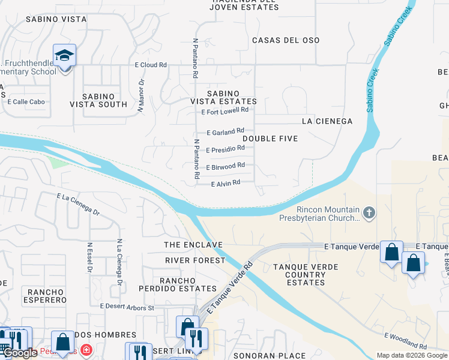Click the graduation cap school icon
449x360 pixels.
pyautogui.click(x=64, y=56)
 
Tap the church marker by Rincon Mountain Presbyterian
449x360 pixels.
pyautogui.click(x=369, y=212)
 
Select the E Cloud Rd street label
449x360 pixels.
pyautogui.click(x=146, y=65)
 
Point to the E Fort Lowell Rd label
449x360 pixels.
pyautogui.click(x=225, y=111)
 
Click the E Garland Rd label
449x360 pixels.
pyautogui.click(x=225, y=131)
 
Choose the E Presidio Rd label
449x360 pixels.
pyautogui.click(x=225, y=148)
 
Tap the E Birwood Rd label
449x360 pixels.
pyautogui.click(x=225, y=166)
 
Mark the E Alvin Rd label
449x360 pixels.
pyautogui.click(x=226, y=182)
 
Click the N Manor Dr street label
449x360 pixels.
pyautogui.click(x=141, y=96)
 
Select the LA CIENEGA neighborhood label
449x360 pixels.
pyautogui.click(x=327, y=121)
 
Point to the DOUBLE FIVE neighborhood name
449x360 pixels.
pyautogui.click(x=270, y=139)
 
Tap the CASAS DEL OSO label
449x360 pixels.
pyautogui.click(x=286, y=40)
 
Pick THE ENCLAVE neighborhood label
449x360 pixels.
pyautogui.click(x=194, y=245)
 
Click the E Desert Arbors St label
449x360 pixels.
pyautogui.click(x=127, y=307)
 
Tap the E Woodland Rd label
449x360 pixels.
pyautogui.click(x=405, y=343)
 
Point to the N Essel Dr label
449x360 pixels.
pyautogui.click(x=89, y=257)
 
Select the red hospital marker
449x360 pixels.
pyautogui.click(x=87, y=349)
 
